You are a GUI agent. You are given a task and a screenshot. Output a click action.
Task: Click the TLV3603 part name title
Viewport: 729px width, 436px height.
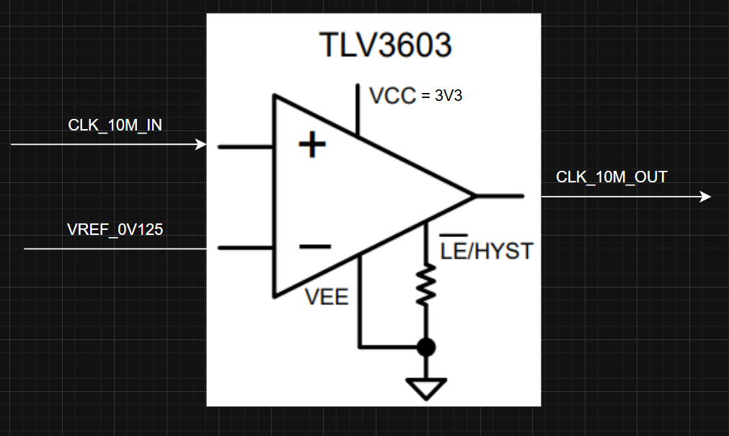coord(386,45)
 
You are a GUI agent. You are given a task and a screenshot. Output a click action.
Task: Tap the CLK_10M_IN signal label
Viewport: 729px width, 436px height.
coord(115,125)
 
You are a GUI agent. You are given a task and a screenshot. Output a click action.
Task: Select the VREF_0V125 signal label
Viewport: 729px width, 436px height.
coord(115,230)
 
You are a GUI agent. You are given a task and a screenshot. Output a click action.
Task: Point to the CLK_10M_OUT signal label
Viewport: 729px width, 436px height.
coord(611,177)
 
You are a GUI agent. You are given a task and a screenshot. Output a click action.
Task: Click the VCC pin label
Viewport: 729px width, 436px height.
coord(392,96)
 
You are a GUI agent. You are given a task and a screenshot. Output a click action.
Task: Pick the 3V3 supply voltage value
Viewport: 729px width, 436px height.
coord(449,96)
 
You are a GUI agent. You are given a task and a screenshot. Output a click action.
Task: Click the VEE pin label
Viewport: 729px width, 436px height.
coord(327,296)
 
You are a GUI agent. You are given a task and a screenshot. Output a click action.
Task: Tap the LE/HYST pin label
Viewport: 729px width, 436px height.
coord(486,251)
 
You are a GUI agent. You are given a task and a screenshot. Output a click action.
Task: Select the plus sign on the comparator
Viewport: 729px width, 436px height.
coord(312,146)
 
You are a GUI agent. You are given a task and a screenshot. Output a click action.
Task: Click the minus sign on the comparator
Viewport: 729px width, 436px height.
coord(314,247)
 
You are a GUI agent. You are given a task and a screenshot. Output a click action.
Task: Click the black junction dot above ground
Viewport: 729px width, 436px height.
coord(427,347)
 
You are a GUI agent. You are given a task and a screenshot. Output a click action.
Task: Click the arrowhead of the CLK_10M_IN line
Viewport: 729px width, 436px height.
coord(202,145)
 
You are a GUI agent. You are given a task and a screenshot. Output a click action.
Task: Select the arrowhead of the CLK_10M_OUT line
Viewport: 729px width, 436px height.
coord(706,197)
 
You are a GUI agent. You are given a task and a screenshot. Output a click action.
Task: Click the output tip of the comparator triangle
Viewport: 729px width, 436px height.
coord(474,196)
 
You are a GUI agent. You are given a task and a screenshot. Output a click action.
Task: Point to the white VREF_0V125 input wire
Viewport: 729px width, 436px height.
coord(115,249)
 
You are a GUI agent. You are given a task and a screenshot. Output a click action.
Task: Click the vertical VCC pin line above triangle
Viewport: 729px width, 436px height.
coord(358,108)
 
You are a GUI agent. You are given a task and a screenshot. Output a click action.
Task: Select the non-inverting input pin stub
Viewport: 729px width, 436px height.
coord(245,147)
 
